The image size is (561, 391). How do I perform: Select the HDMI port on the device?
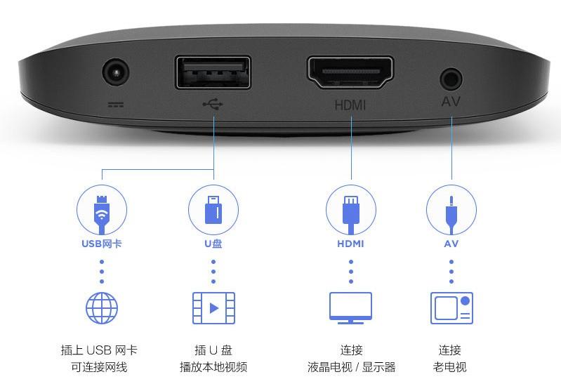click(x=350, y=72)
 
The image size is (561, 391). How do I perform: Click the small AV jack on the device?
click(x=451, y=77)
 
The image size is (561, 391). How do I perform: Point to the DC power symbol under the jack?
click(x=115, y=105)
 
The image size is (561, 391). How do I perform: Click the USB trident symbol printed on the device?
click(x=213, y=104)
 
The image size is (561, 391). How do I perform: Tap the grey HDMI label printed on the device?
click(x=350, y=105)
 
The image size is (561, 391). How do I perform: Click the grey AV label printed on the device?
click(x=451, y=102)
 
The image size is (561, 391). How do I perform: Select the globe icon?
click(x=102, y=307)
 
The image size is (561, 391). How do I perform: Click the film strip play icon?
click(x=213, y=307)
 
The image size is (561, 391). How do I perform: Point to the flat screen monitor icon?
click(x=351, y=307)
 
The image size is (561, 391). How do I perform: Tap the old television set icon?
click(x=451, y=307)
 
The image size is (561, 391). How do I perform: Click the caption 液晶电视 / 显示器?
click(x=351, y=367)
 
